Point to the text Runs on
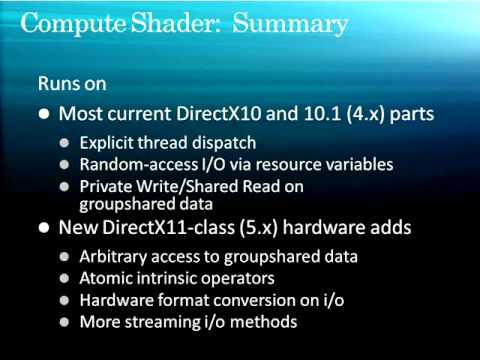coord(72,83)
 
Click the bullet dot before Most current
coord(43,113)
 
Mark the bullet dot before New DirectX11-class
coord(43,228)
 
